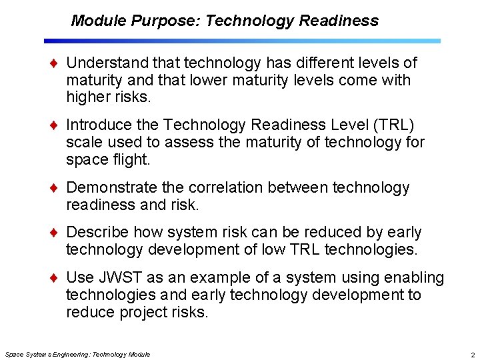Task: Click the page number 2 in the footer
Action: pyautogui.click(x=472, y=355)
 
